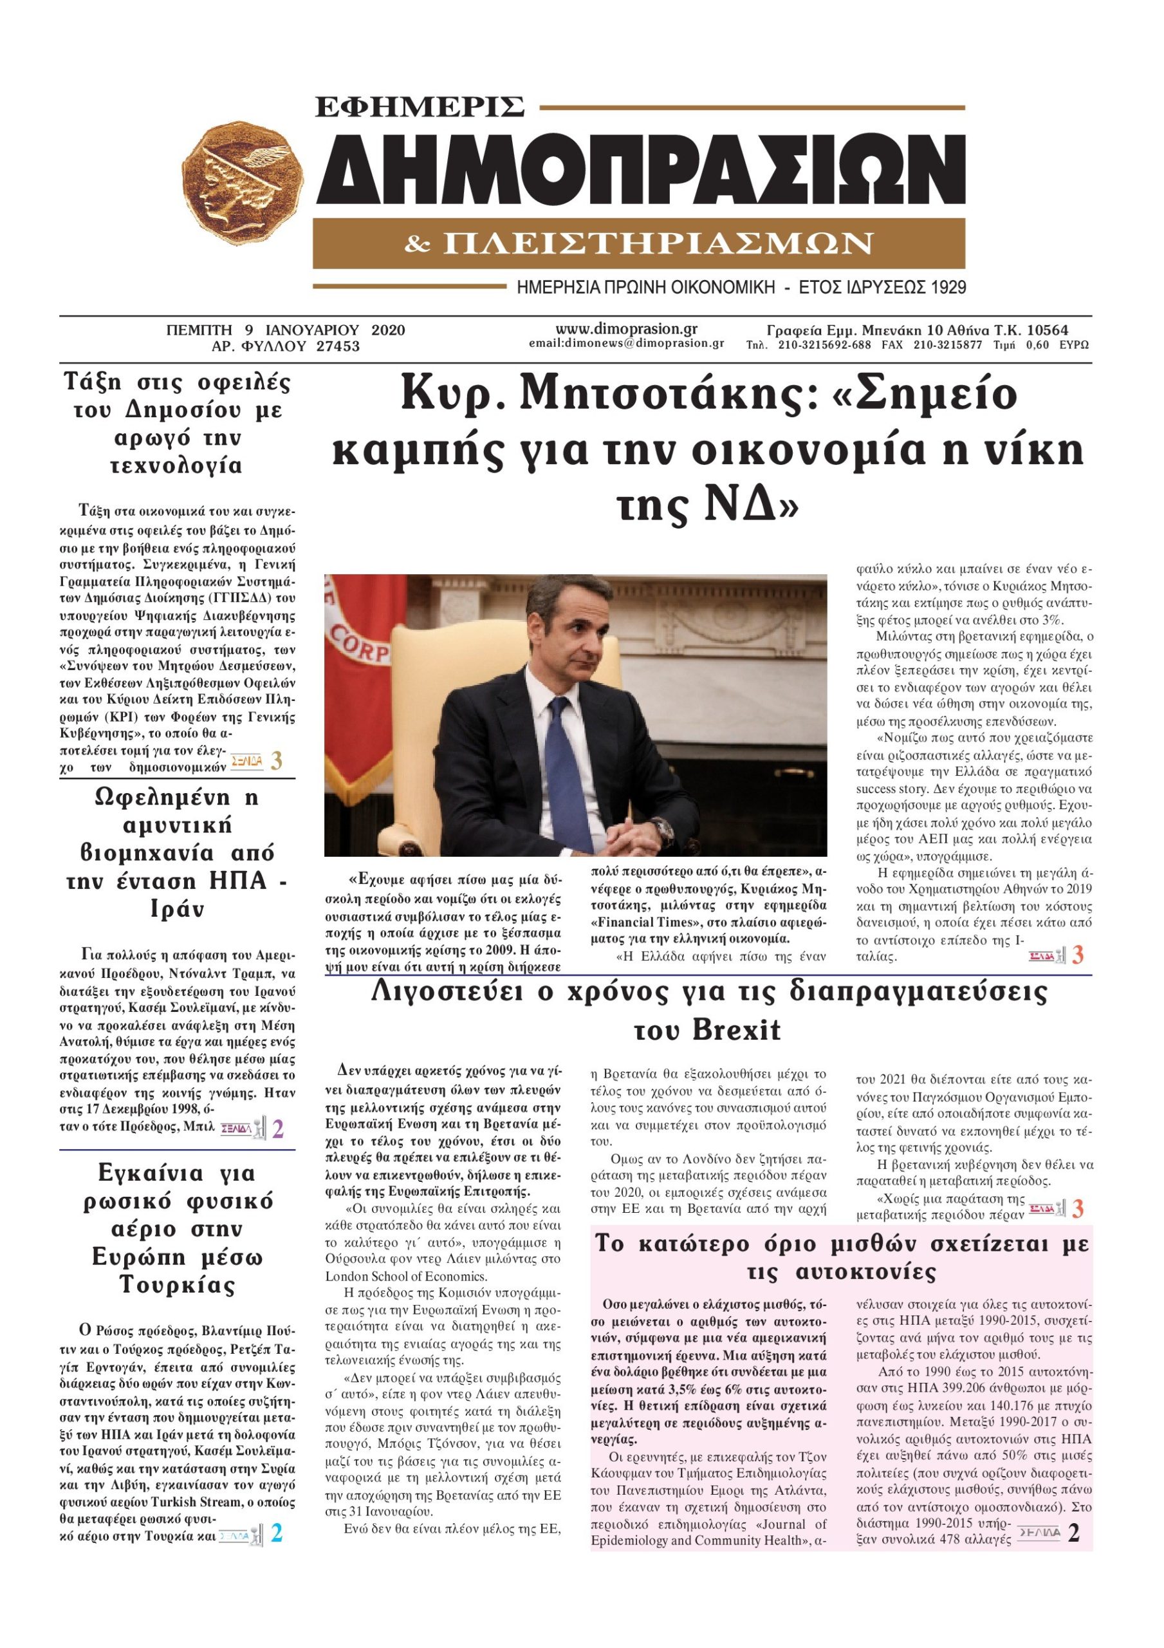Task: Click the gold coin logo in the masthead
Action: (243, 183)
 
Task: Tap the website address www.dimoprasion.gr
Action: (626, 329)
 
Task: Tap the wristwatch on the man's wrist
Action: (664, 832)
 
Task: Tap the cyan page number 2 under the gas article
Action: (276, 1535)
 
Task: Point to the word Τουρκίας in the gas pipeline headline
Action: (176, 1284)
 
